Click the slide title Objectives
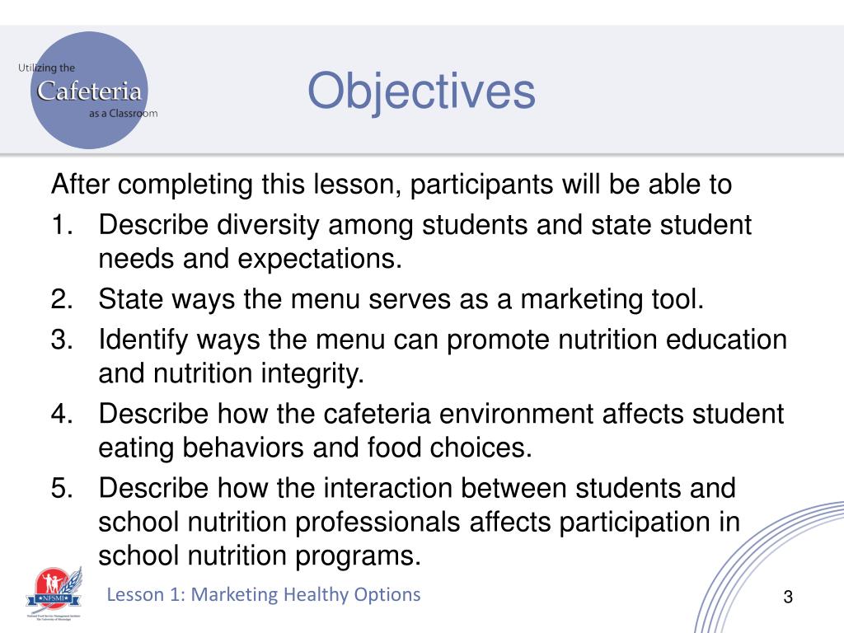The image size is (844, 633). [x=421, y=91]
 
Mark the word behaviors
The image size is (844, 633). [x=247, y=448]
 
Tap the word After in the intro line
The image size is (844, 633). [x=79, y=184]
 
